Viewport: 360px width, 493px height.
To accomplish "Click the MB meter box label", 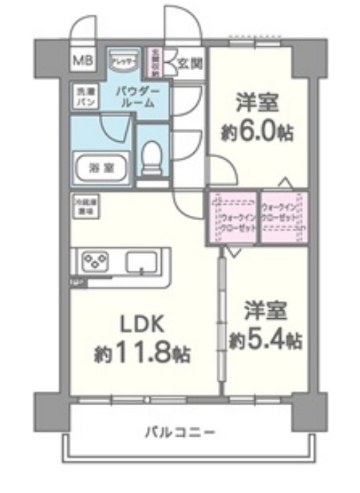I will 81,61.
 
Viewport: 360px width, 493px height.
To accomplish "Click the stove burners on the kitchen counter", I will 94,261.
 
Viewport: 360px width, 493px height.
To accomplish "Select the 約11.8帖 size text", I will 142,355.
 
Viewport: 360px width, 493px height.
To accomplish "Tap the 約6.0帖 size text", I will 257,132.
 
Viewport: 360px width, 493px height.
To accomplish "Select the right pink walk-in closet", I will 283,218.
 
